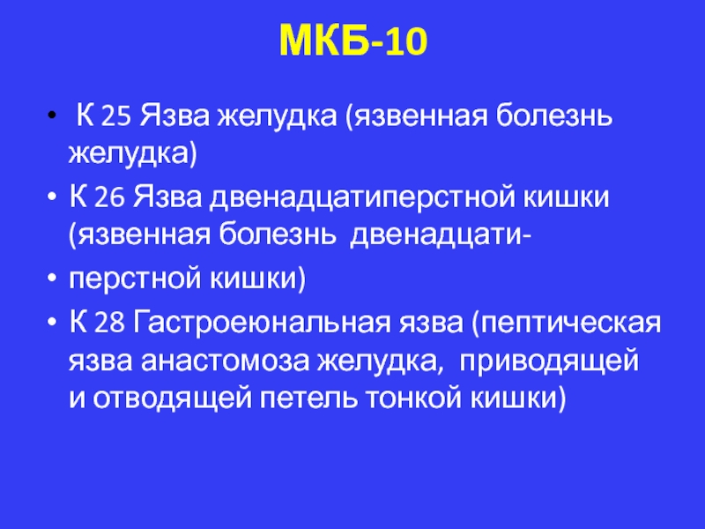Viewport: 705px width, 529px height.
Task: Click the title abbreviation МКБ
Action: (x=324, y=41)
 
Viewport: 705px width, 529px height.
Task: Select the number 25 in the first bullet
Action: (x=116, y=116)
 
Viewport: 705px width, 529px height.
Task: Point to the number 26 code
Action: (x=109, y=197)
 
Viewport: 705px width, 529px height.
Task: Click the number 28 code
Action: (x=109, y=324)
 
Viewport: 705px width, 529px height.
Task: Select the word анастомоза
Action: (x=225, y=362)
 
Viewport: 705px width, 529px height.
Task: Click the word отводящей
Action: (x=172, y=399)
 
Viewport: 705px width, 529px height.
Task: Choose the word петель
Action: (x=308, y=399)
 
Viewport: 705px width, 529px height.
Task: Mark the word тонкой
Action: (x=413, y=399)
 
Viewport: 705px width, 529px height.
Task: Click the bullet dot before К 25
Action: (x=52, y=115)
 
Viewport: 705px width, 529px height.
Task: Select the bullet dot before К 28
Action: (x=52, y=322)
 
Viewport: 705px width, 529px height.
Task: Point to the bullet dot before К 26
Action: (x=52, y=197)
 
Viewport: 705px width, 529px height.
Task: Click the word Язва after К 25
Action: (x=174, y=116)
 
